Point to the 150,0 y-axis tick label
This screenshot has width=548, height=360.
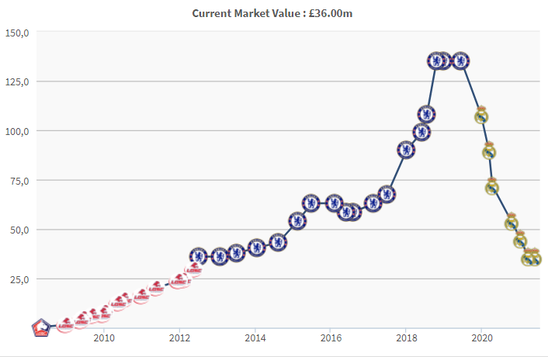[x=16, y=33]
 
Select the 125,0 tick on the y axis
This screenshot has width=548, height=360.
[x=16, y=81]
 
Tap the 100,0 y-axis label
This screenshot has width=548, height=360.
[x=16, y=131]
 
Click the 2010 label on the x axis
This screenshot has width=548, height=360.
[x=104, y=337]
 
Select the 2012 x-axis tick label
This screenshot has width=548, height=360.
[x=179, y=337]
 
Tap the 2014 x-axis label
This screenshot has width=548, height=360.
[x=255, y=337]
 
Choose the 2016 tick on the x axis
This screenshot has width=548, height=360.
[x=331, y=337]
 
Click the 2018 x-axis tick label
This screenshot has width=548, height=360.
[x=406, y=337]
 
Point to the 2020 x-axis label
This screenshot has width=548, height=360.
[x=482, y=337]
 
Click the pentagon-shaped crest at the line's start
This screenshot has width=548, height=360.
[x=41, y=327]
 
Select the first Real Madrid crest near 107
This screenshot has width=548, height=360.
[x=481, y=116]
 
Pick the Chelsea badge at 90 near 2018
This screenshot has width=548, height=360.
[x=406, y=150]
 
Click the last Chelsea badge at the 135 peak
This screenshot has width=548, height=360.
[x=460, y=61]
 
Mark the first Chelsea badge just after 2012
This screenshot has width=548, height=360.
[x=199, y=255]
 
